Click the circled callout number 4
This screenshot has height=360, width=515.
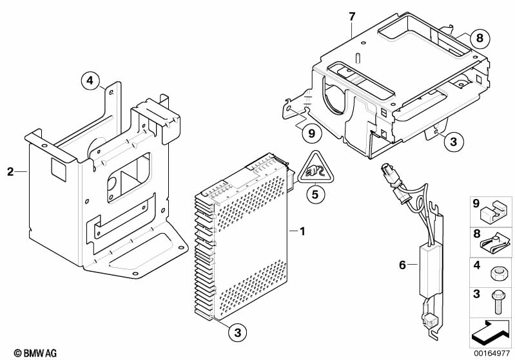[90, 81]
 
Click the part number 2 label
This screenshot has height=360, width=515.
[10, 171]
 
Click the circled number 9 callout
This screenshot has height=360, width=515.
[311, 134]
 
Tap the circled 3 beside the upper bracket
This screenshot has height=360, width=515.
[453, 141]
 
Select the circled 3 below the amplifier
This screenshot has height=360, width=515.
[237, 332]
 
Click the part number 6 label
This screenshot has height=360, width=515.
[403, 264]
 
